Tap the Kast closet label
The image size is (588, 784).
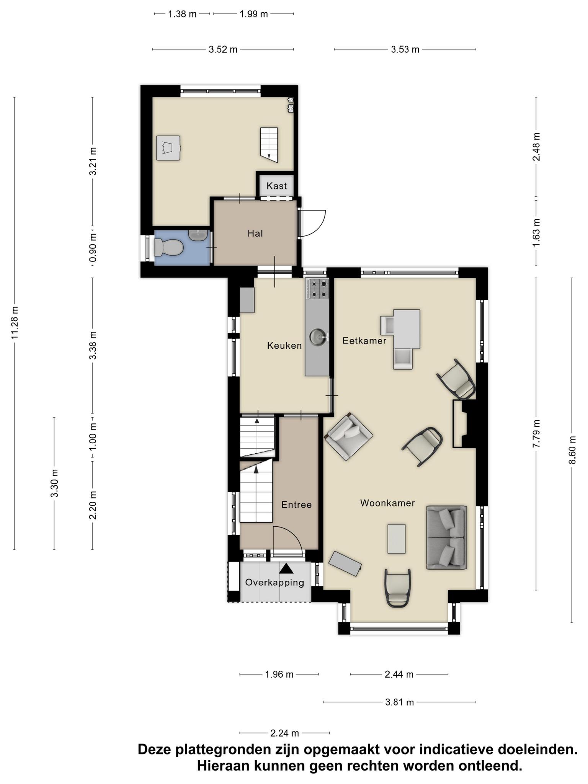tap(276, 186)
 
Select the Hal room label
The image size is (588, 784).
tap(255, 233)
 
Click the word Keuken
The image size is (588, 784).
tap(284, 346)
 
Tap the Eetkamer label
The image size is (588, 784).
tap(364, 340)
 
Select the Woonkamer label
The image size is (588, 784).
tap(387, 503)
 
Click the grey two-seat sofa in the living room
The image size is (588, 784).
tap(447, 537)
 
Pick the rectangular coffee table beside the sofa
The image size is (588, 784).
tap(396, 539)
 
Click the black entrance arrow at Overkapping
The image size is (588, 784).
tap(286, 568)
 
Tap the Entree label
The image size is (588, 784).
tap(296, 505)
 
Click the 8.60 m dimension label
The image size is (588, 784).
tap(572, 450)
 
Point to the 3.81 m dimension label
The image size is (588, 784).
tap(399, 702)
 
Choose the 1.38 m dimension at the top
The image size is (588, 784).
tap(182, 14)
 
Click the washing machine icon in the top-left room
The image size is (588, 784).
tap(168, 148)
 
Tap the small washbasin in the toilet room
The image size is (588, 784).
tap(198, 235)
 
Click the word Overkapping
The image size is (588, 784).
tap(274, 583)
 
